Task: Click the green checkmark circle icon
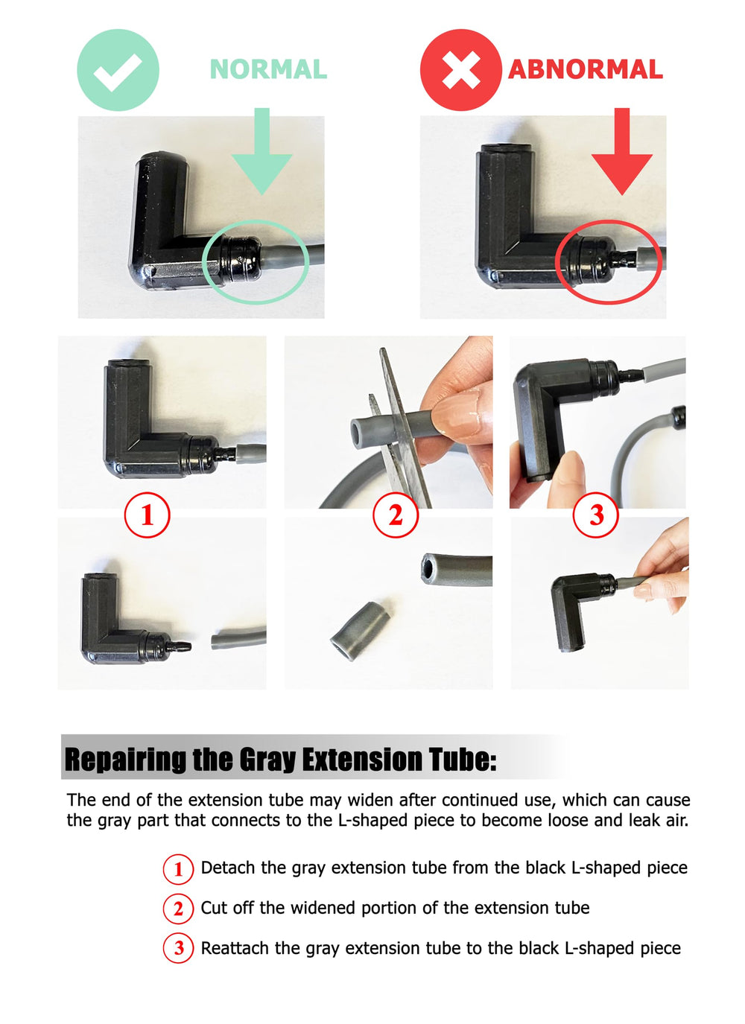(118, 70)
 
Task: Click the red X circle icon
(461, 70)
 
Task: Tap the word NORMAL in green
(268, 69)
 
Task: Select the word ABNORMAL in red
(586, 69)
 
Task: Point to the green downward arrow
(261, 152)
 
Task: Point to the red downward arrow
(622, 152)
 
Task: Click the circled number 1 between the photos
(148, 515)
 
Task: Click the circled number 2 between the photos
(396, 515)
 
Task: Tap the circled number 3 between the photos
(596, 515)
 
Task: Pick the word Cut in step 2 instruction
(212, 908)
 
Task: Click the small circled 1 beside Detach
(178, 868)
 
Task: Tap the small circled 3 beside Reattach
(178, 949)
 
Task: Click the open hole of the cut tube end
(428, 570)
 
